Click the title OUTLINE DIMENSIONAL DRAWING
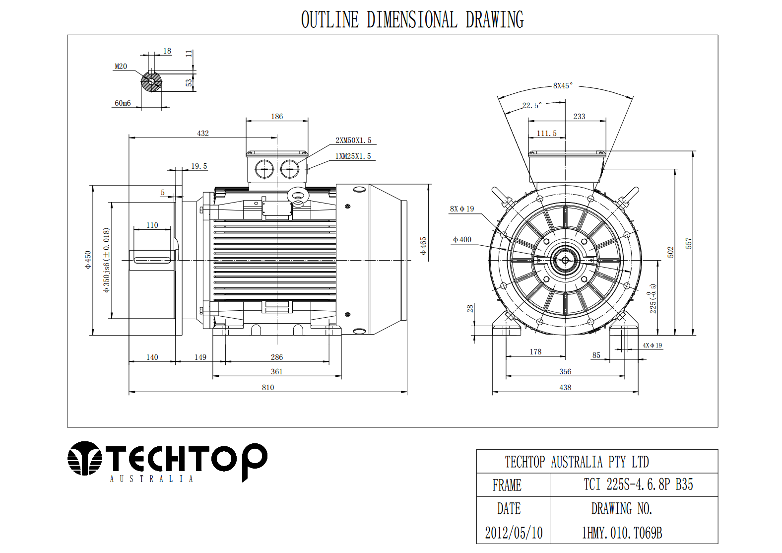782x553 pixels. (412, 19)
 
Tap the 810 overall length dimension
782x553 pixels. (268, 387)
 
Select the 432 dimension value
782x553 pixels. (203, 133)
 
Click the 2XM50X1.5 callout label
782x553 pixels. (353, 140)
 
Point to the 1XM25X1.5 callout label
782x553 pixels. (353, 156)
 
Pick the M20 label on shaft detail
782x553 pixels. (121, 66)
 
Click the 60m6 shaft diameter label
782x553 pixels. (123, 103)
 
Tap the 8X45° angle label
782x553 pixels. (563, 85)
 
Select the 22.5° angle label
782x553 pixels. (532, 105)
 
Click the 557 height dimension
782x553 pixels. (688, 243)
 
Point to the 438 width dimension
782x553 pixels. (565, 387)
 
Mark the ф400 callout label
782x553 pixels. (462, 239)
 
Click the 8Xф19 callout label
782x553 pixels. (462, 208)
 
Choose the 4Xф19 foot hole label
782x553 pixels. (652, 345)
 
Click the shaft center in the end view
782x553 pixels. (565, 260)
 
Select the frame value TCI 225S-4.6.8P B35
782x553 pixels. (638, 484)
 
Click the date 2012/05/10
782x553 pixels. (514, 533)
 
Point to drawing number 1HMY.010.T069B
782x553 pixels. (622, 533)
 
